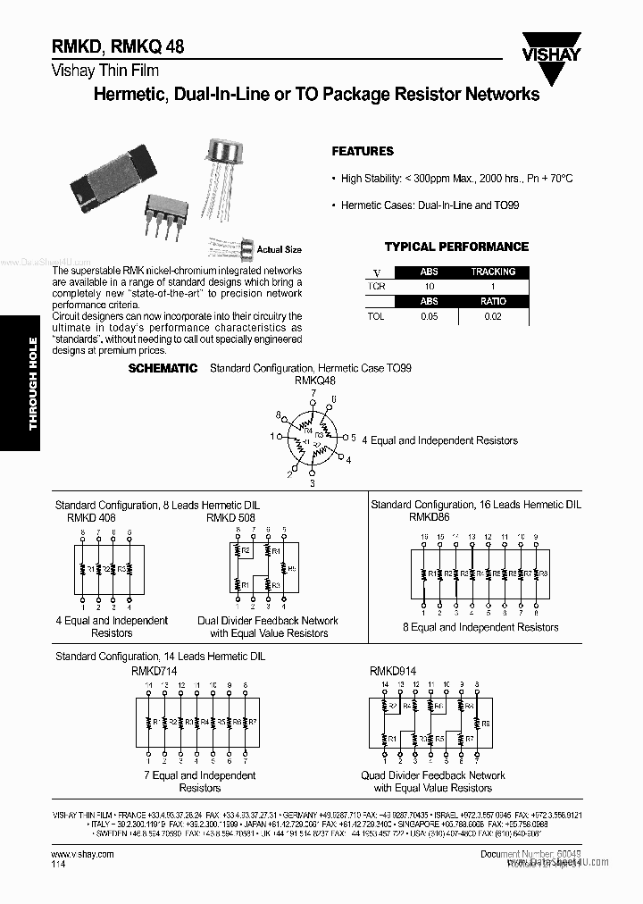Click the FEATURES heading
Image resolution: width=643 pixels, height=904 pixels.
(363, 152)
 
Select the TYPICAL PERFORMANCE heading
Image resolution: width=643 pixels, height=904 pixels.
(456, 247)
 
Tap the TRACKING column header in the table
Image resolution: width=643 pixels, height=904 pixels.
(493, 272)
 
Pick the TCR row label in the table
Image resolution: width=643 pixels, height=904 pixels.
(376, 287)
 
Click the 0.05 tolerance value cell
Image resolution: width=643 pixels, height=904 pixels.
(430, 317)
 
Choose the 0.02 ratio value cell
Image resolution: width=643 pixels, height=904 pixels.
(493, 317)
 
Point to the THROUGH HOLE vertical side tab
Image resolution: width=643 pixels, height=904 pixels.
(33, 383)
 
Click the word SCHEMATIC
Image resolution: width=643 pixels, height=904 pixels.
(163, 368)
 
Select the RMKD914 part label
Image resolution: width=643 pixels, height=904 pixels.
(393, 669)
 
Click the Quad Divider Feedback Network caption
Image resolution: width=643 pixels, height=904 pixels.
(432, 775)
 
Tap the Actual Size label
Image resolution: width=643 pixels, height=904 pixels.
(279, 250)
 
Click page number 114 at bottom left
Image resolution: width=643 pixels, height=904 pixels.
(57, 866)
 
